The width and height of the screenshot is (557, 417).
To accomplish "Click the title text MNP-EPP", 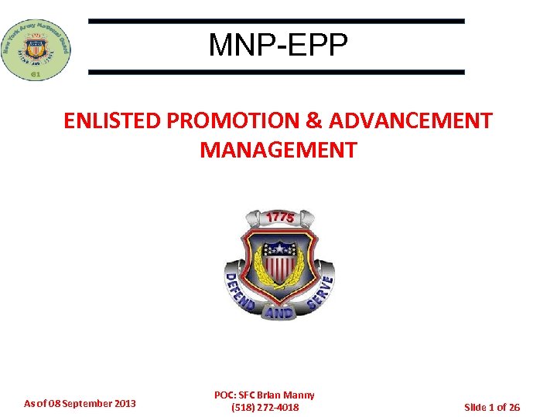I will (278, 46).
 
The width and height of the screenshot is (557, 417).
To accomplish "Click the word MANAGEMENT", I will (278, 150).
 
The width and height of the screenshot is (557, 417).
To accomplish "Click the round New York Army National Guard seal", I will (36, 48).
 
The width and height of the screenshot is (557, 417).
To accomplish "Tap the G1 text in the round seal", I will (36, 74).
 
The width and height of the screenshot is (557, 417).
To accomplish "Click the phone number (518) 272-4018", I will (265, 407).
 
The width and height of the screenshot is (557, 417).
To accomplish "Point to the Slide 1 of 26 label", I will (491, 407).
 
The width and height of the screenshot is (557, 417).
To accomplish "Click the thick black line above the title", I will (276, 22).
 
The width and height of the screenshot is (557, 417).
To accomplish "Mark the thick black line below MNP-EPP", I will (276, 72).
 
